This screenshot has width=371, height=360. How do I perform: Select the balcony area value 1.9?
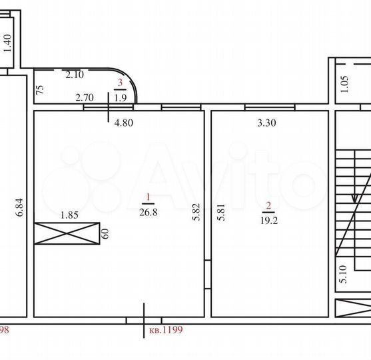pos(121,97)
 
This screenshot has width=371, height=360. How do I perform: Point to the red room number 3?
pos(121,83)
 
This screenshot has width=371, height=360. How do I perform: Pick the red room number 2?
pos(268,205)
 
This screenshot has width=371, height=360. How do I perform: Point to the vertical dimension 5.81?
pos(220,212)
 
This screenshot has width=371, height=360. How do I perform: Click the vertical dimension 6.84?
pos(20,207)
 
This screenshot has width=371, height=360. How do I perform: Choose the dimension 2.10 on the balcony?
pos(74,75)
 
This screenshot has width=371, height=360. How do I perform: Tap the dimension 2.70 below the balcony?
pos(85,98)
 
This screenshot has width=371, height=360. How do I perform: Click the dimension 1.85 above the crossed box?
pos(70,215)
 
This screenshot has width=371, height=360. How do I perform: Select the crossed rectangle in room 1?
pos(67,233)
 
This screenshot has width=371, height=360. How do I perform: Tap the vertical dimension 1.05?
pos(344,85)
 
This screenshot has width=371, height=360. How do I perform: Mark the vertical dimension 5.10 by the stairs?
pos(343,275)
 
